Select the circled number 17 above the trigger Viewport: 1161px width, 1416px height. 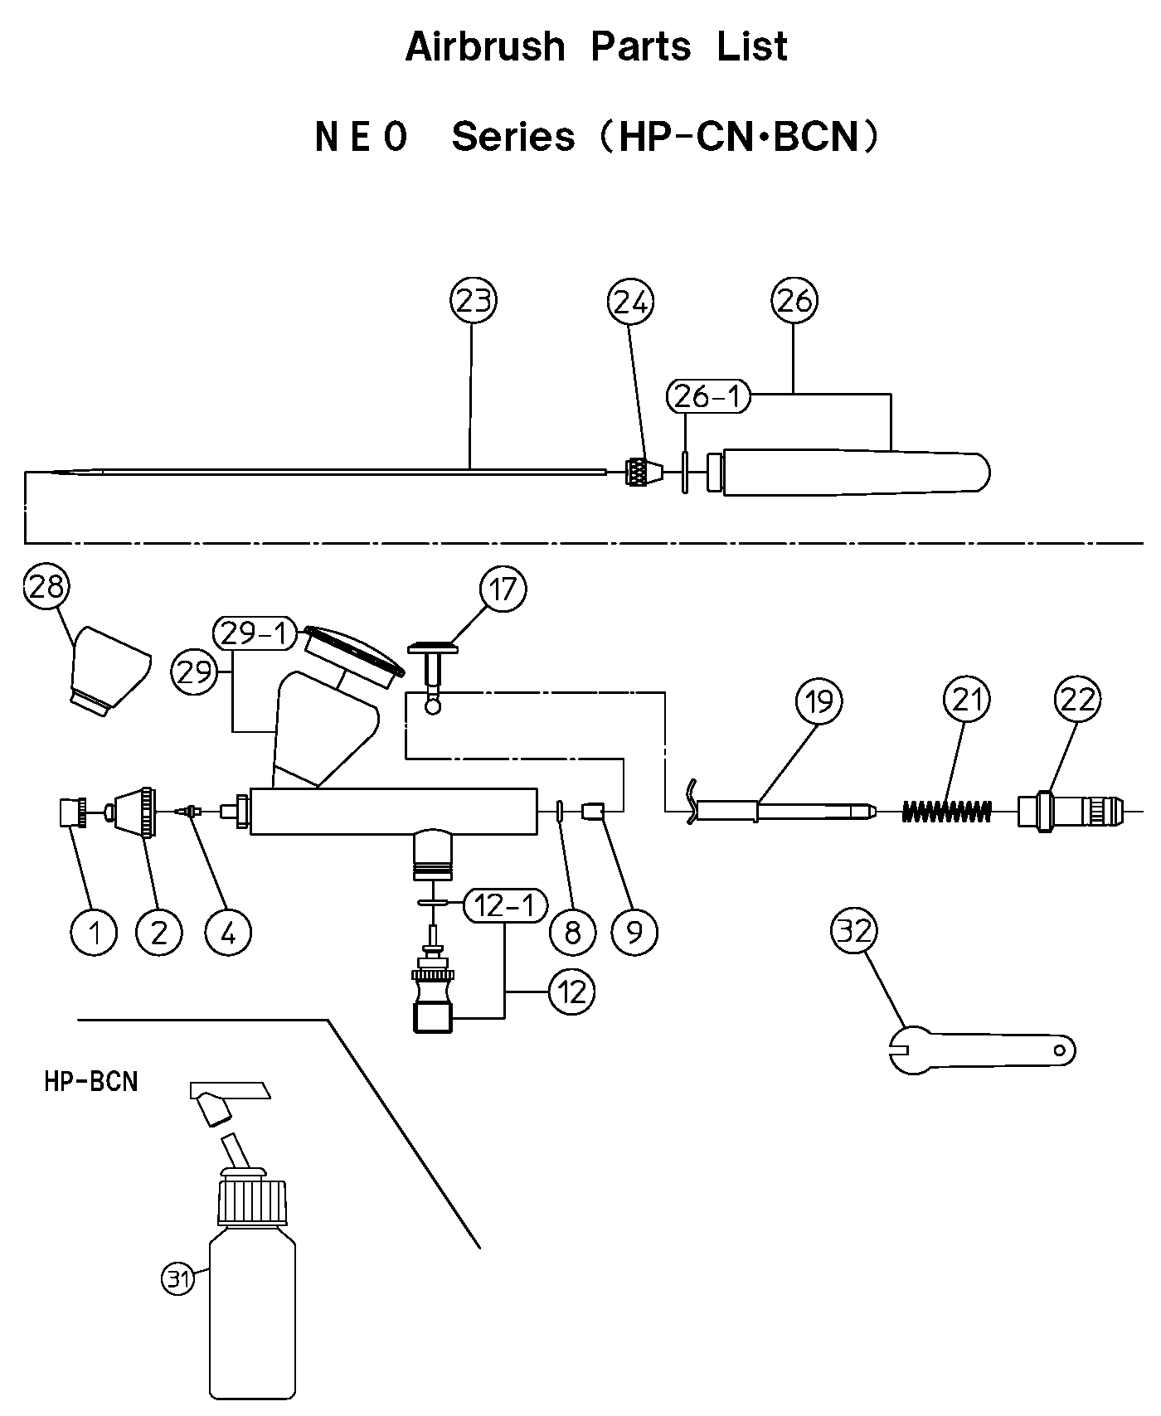point(503,589)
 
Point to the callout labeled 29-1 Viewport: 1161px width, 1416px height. point(255,634)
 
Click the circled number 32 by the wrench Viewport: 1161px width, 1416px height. point(854,931)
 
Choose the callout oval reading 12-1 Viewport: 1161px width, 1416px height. point(506,906)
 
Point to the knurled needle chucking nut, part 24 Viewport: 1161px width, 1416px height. point(641,473)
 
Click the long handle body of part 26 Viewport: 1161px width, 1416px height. point(854,473)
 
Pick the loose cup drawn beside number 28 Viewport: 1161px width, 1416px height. point(111,671)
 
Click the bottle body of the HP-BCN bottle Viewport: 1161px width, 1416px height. point(252,1310)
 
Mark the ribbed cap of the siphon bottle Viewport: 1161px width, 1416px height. point(252,1200)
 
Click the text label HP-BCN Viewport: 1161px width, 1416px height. point(91,1081)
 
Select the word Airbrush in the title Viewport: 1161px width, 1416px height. point(484,46)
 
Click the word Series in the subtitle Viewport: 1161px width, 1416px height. point(512,136)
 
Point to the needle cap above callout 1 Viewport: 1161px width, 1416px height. point(73,812)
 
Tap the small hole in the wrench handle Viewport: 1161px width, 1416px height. point(1059,1050)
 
